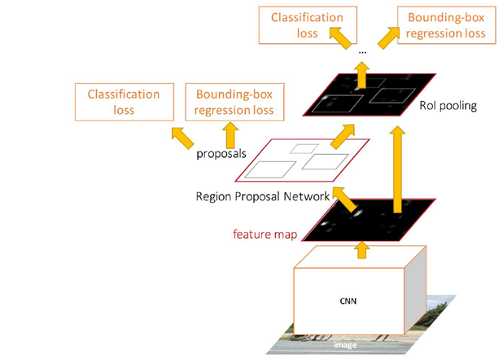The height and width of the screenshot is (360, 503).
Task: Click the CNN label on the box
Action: pos(348,301)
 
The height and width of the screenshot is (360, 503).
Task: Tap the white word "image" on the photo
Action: pos(345,345)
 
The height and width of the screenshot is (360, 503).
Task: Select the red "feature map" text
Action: pos(265,234)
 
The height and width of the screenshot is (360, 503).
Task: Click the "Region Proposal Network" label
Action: pos(263,196)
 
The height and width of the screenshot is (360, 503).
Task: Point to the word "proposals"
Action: pos(221,153)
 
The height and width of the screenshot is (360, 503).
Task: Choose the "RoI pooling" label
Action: pos(448,106)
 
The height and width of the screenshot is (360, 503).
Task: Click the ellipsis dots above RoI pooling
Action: pos(362,52)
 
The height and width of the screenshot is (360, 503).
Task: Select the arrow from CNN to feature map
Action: pos(362,250)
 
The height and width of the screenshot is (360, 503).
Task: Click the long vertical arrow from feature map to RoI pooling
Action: pos(398,169)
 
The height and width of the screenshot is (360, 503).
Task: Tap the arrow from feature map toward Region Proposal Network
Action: pos(345,199)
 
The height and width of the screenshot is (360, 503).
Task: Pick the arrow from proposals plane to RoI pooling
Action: pos(343,137)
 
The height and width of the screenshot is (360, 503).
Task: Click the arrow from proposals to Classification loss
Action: pos(182,138)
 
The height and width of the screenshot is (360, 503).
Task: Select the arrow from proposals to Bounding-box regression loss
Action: pos(230,135)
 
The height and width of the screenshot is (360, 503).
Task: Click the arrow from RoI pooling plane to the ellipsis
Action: pos(362,75)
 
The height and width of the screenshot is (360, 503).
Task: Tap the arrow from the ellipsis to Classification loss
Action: pos(340,38)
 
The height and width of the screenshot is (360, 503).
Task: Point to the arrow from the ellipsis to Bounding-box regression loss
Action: pos(388,38)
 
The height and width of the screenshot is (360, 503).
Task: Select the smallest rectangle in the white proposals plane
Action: pos(304,149)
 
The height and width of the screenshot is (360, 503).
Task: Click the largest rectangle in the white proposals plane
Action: pos(270,169)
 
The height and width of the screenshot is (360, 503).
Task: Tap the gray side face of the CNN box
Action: pos(415,290)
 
